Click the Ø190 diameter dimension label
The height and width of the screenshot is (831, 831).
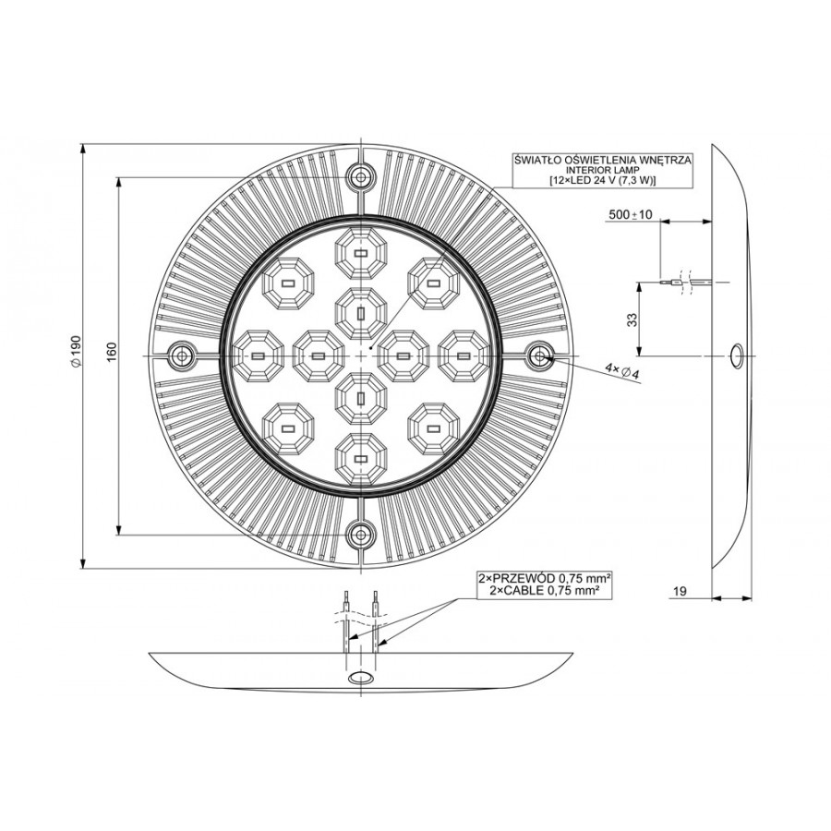(x=76, y=350)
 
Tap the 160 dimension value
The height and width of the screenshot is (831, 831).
(x=112, y=352)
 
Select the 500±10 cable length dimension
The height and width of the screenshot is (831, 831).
(x=630, y=214)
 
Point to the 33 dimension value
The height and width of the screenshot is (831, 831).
(x=632, y=319)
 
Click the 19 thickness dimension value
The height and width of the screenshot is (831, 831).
(x=679, y=590)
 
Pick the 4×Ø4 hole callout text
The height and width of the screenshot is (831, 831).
(x=622, y=370)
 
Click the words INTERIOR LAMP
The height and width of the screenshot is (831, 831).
(x=602, y=170)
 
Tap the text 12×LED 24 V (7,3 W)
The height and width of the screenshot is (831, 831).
(x=602, y=180)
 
